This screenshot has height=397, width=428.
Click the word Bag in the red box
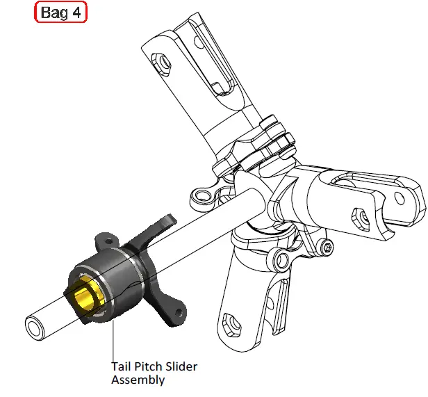click(x=53, y=13)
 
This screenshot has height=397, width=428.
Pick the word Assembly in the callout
click(x=138, y=380)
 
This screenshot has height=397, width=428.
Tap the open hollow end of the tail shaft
click(x=34, y=326)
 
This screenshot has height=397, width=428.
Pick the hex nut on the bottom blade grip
click(x=231, y=321)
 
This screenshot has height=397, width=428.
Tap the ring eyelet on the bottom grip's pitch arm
click(x=282, y=260)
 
